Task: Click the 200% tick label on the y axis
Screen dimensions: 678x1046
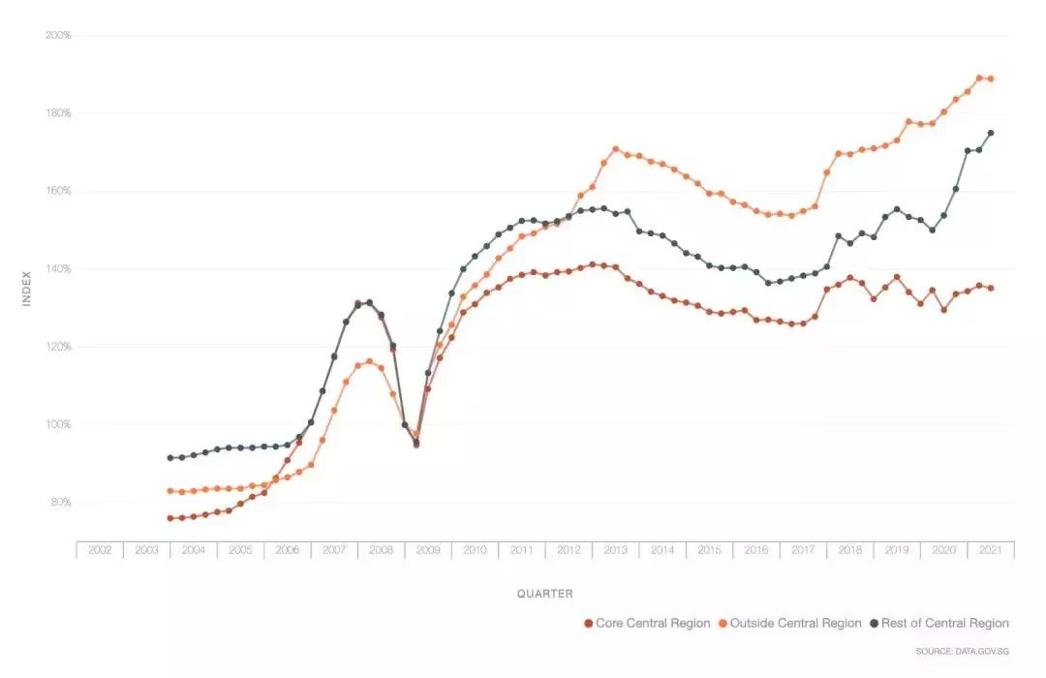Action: coord(58,36)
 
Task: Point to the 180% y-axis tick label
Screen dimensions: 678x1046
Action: coord(58,113)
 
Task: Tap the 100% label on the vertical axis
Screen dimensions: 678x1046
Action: coord(58,424)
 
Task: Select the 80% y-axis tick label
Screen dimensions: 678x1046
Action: coord(59,503)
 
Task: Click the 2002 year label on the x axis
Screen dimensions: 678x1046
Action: coord(100,550)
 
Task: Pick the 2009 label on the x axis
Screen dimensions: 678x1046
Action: coord(428,550)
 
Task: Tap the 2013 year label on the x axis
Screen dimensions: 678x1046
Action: coord(616,550)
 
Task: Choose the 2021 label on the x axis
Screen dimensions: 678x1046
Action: coord(991,550)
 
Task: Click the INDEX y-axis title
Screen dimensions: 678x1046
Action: coord(27,289)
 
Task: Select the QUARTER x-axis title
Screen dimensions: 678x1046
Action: coord(544,594)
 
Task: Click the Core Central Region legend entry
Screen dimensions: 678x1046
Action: coord(647,624)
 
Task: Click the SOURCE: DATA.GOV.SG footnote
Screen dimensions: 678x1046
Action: coord(962,651)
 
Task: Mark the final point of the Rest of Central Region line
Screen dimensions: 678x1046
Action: coord(991,133)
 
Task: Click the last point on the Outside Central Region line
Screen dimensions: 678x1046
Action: coord(991,78)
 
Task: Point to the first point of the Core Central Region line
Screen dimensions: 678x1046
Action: coord(170,518)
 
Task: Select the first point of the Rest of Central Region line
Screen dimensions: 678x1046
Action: coord(170,458)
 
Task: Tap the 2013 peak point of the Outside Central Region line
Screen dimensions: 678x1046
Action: coord(616,149)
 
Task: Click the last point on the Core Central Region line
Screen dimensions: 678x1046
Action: coord(991,288)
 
